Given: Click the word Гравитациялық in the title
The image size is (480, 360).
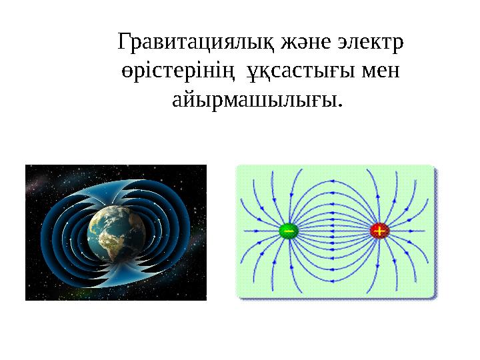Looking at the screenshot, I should pos(195,43).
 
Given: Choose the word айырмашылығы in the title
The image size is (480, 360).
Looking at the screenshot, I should pos(257,101).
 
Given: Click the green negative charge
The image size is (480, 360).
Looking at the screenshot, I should pos(288,231).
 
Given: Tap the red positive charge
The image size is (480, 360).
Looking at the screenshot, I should pos(379,231).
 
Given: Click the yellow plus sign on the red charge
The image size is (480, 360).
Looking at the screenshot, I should pos(379,231).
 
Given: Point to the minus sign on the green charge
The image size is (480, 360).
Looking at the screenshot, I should pos(288,231).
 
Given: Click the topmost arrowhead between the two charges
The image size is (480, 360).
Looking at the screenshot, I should pos(333,176).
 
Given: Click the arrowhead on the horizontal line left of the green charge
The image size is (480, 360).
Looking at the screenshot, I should pos(257,231).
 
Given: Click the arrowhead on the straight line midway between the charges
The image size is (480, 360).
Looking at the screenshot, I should pos(333,231).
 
